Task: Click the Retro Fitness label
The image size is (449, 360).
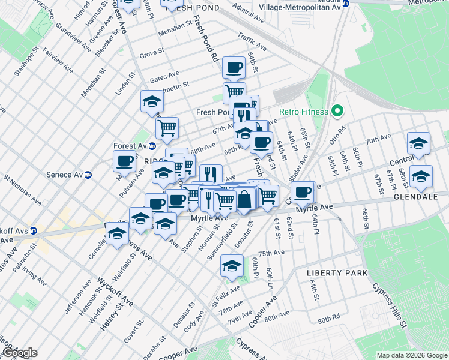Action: point(304,112)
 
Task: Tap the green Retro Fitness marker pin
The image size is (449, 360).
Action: point(337,111)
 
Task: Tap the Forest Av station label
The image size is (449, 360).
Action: point(131,146)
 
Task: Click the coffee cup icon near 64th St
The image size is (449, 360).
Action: point(234,68)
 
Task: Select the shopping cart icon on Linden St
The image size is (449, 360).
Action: point(167,127)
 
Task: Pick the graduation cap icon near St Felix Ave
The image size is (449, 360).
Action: point(232,266)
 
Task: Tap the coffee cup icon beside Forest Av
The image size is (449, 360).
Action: point(125,161)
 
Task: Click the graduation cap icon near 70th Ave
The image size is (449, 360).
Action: point(418,143)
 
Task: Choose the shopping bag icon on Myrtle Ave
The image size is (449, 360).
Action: point(245,199)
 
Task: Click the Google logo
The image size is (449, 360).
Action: point(19,353)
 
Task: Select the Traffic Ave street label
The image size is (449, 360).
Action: point(252,41)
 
